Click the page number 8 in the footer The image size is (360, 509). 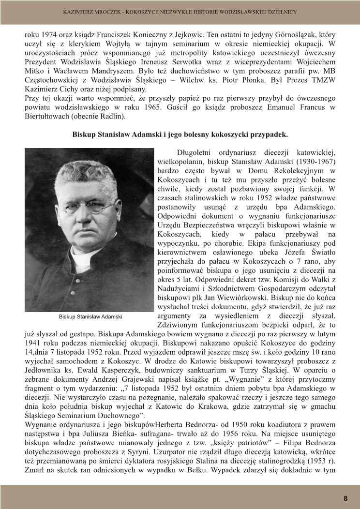point(345,498)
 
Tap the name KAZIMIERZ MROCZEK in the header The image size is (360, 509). point(90,12)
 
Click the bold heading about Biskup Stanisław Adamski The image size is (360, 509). point(180,134)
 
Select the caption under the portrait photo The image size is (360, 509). point(90,316)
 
